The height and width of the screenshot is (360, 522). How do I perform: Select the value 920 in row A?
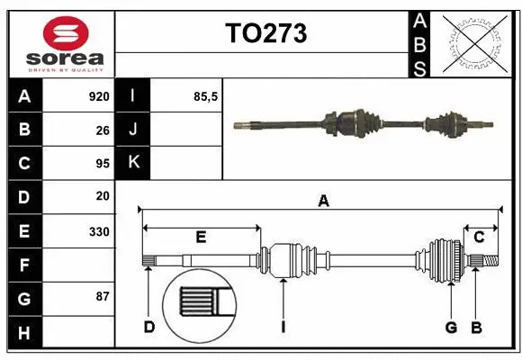tap(98, 96)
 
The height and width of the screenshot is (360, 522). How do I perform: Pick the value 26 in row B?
tap(102, 130)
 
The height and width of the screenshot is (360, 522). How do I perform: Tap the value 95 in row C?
tap(102, 163)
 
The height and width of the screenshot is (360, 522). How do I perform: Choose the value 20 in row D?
tap(102, 195)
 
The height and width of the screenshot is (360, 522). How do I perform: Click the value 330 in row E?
tap(98, 231)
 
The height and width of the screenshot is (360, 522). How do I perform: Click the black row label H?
tap(24, 333)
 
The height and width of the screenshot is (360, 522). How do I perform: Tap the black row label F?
tap(24, 265)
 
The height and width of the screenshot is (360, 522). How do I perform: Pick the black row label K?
tap(133, 163)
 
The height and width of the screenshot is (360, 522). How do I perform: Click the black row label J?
tap(133, 130)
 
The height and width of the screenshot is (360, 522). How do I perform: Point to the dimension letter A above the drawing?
tap(323, 202)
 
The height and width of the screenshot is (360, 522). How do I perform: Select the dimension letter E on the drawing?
tap(201, 238)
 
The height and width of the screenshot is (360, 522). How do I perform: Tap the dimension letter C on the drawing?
tap(479, 238)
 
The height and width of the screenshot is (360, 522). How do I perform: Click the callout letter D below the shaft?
tap(149, 327)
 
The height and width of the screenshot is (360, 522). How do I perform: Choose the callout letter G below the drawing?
tap(451, 327)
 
